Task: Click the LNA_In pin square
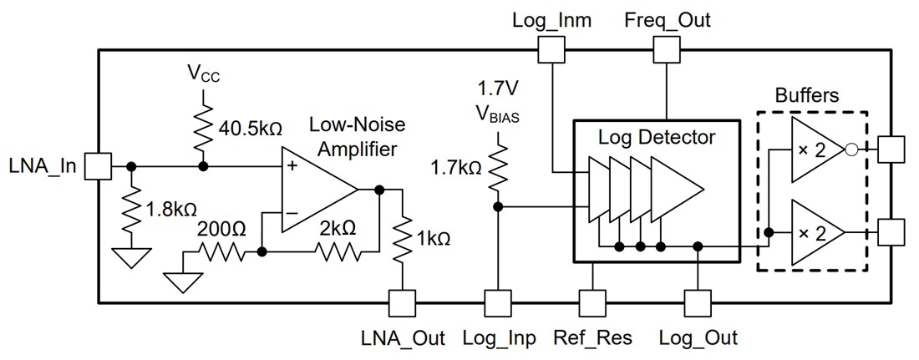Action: (99, 166)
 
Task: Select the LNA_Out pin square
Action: (403, 302)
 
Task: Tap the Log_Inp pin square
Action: (498, 302)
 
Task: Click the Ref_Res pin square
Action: (592, 302)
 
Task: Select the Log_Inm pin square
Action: (551, 51)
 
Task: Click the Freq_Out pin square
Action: (667, 51)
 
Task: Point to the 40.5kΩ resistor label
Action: (249, 129)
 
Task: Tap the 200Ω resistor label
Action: (221, 228)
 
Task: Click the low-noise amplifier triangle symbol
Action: (317, 190)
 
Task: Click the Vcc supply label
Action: (201, 73)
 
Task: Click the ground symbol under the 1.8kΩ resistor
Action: (132, 257)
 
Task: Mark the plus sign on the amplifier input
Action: (292, 166)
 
